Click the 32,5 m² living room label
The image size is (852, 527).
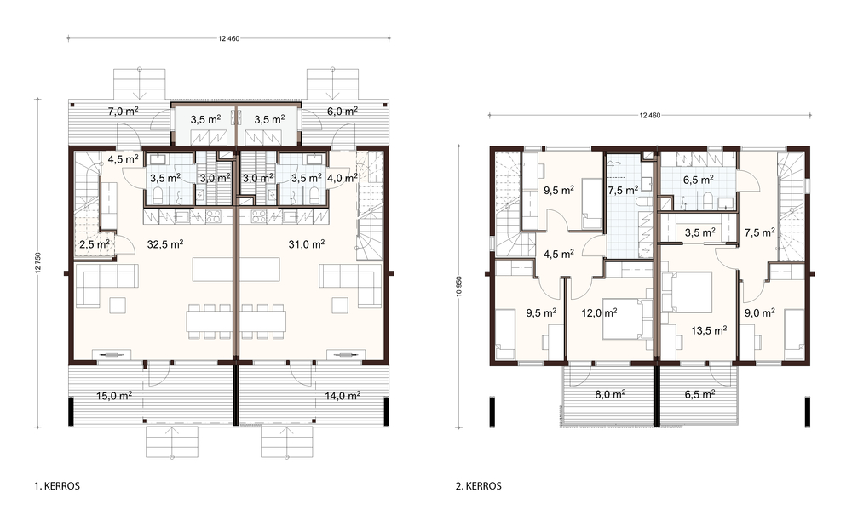tap(165, 244)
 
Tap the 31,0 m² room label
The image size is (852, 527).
tap(307, 244)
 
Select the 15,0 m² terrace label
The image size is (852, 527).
tap(114, 396)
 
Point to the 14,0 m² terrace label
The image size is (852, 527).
tap(343, 396)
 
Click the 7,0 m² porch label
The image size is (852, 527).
tap(123, 112)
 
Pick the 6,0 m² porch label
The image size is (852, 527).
tap(343, 111)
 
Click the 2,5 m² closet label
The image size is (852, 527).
tap(95, 244)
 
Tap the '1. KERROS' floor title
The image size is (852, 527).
tap(57, 486)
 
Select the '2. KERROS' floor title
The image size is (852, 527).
tap(479, 486)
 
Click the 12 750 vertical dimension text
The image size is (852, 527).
tap(38, 263)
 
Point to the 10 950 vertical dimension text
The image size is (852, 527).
tap(459, 287)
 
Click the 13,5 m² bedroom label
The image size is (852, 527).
tap(709, 330)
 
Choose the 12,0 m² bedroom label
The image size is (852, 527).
tap(599, 312)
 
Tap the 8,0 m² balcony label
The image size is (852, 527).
tap(610, 394)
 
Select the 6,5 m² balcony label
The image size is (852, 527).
tap(699, 394)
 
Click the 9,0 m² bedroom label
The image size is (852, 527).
tap(760, 312)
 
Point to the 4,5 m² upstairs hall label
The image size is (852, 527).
tap(559, 254)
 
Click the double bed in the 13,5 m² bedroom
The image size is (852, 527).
tap(687, 292)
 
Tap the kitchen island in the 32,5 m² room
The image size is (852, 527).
tap(213, 270)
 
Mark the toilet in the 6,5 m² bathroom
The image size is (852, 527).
tap(707, 201)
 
